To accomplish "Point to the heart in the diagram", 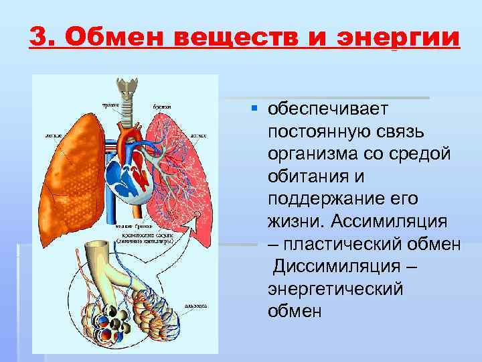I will click(x=135, y=174).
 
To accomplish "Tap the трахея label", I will click(x=110, y=106).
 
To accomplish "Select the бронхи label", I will click(x=161, y=106).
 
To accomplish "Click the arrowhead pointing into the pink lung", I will click(x=197, y=215).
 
